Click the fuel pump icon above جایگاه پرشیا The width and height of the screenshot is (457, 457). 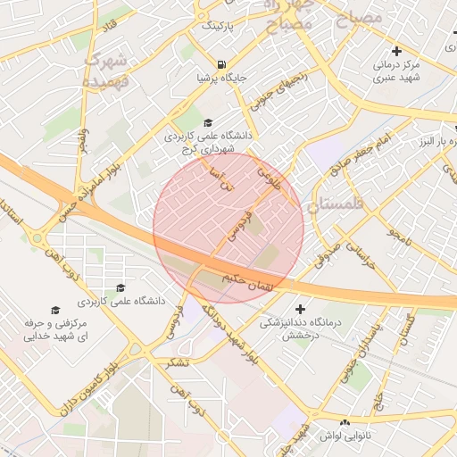[x=220, y=64]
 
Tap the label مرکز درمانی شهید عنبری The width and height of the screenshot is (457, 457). [x=396, y=71]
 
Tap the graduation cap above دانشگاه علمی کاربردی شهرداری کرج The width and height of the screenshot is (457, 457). [x=208, y=123]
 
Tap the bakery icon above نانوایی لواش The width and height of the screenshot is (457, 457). [x=345, y=420]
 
